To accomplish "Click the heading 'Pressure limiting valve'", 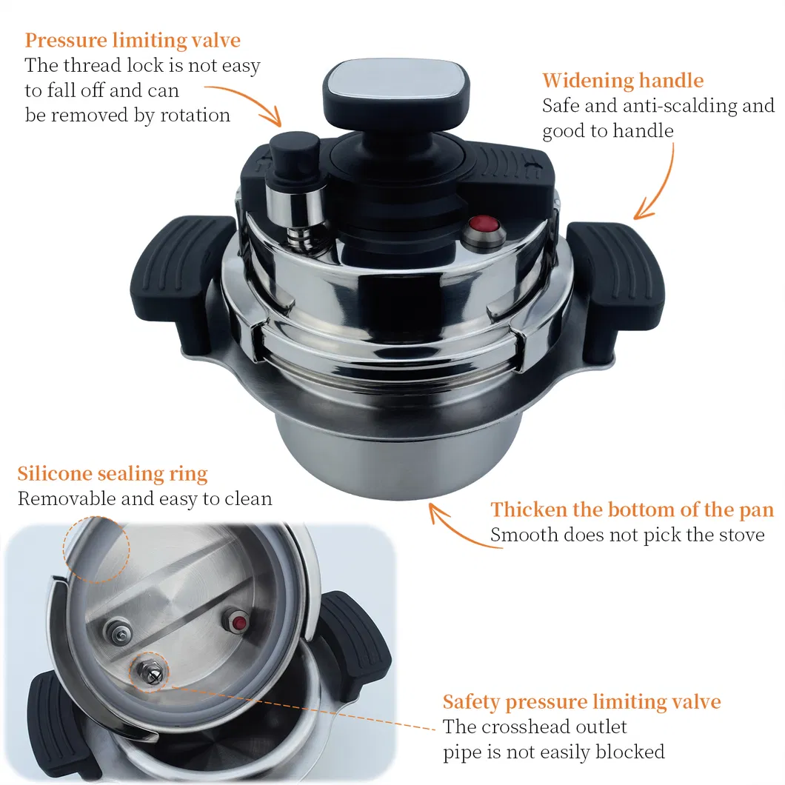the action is [133, 41].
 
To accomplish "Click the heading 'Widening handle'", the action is [623, 81].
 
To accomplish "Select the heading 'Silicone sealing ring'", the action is [113, 474].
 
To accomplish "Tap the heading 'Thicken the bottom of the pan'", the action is [632, 510].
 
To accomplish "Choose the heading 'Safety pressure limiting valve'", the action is [582, 702].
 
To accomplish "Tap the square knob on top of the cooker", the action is [396, 87].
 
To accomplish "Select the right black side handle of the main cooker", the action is [616, 290].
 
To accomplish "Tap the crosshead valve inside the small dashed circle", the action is [150, 672].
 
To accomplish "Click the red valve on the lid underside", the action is [239, 623].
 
